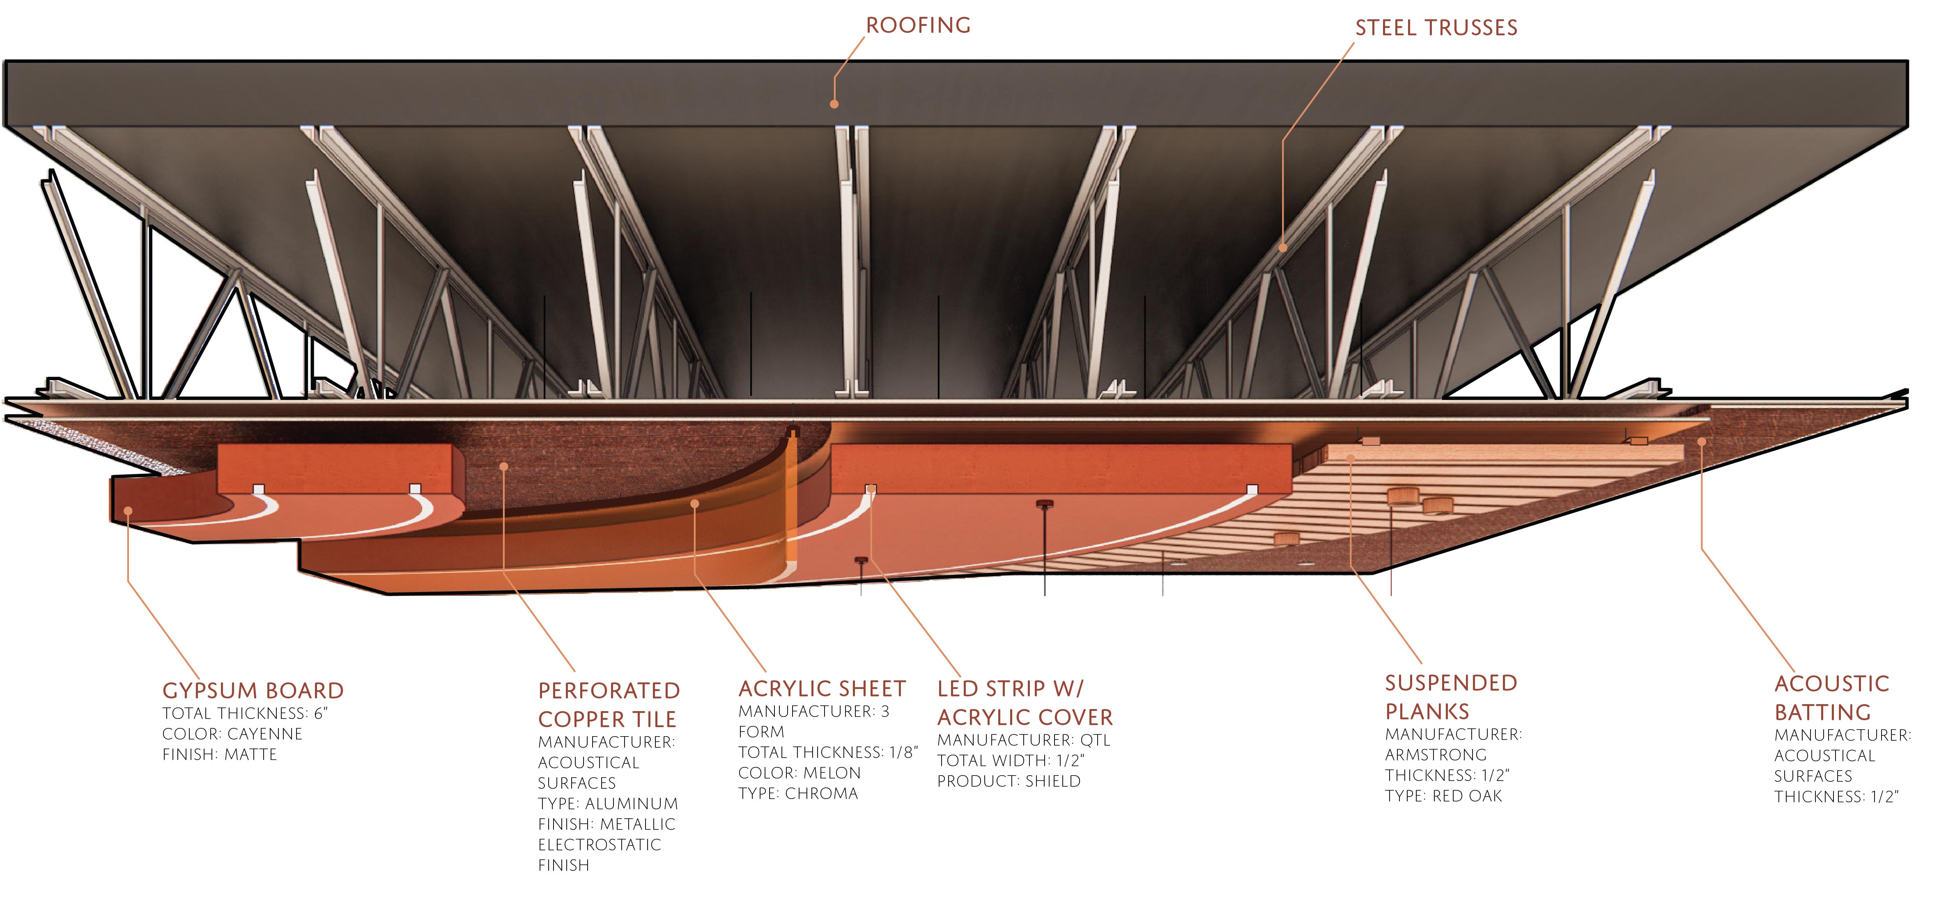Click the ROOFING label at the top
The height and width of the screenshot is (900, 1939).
[x=918, y=25]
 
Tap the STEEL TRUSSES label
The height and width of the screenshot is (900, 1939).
[x=1436, y=28]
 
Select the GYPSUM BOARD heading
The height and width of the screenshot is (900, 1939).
[x=253, y=690]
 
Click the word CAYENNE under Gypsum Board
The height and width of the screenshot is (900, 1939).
[x=265, y=734]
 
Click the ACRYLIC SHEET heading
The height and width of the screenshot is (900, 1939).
[x=822, y=689]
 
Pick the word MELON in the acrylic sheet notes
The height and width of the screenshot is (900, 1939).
[x=832, y=773]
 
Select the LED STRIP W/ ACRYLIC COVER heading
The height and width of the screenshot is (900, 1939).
[x=1025, y=703]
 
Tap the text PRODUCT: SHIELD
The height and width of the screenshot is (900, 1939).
[x=1009, y=781]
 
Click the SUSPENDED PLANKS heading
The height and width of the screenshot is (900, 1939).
[x=1450, y=697]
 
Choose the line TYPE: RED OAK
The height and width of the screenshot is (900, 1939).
[x=1443, y=796]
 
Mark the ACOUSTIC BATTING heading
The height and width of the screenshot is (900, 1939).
[x=1831, y=698]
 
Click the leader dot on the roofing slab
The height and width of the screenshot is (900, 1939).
[x=834, y=104]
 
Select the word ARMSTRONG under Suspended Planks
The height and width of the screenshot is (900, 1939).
[x=1436, y=755]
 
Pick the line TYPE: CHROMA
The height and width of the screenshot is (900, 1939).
[x=798, y=793]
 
